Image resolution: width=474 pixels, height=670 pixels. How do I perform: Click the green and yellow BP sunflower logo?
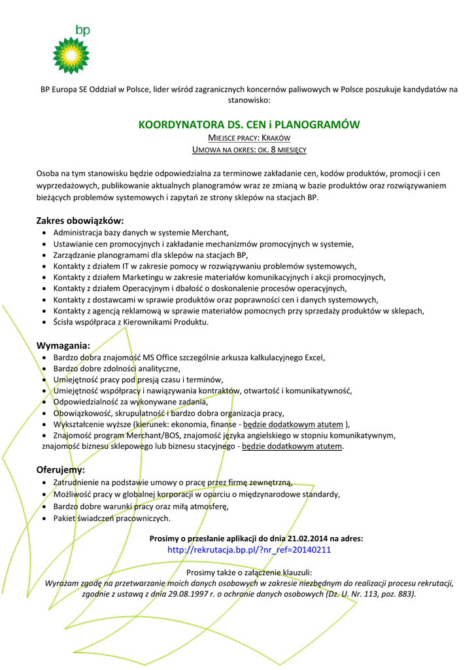tap(71, 55)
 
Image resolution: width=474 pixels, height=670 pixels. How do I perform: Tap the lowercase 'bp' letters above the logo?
tap(83, 30)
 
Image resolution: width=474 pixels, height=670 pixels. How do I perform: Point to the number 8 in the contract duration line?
tap(272, 150)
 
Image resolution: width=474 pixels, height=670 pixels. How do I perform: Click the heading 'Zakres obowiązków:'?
tap(80, 220)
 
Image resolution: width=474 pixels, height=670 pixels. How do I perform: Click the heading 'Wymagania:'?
tap(63, 345)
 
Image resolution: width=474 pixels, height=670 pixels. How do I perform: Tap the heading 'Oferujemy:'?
tap(61, 470)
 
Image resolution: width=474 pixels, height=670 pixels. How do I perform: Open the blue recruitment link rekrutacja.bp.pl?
tap(249, 550)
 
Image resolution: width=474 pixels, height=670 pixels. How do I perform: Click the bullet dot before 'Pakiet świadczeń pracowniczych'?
tap(44, 518)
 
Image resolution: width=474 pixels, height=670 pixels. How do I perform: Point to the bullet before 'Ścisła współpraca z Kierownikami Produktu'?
tap(44, 323)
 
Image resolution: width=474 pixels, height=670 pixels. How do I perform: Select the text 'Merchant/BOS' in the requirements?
tap(138, 435)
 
